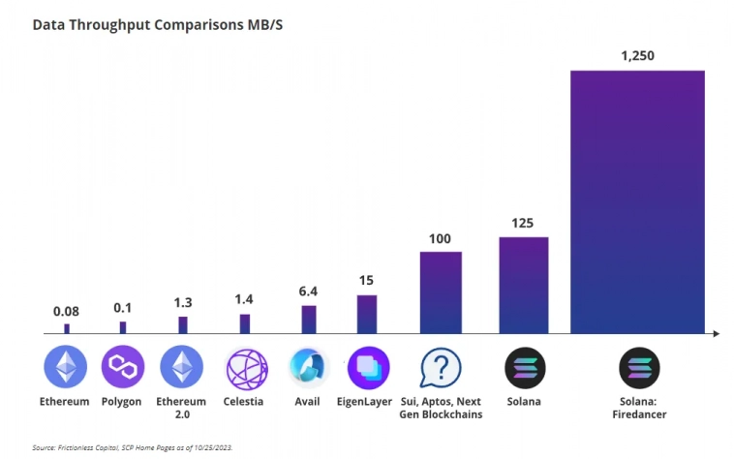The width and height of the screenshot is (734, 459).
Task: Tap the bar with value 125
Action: coord(524,285)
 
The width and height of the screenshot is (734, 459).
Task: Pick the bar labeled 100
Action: coord(441,291)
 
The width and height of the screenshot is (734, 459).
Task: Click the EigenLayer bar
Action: coord(367,314)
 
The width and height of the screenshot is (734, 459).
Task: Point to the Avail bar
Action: coord(309,319)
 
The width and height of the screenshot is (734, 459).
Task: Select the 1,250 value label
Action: coord(637,56)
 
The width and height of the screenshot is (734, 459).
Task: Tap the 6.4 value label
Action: coord(309,291)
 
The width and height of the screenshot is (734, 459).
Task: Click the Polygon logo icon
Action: coord(122,368)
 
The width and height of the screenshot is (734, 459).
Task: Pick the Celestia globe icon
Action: coord(246,368)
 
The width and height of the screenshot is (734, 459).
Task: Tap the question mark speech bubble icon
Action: coord(441,368)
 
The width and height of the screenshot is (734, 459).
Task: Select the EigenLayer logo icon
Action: coord(368,368)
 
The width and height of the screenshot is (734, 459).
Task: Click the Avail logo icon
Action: coord(309,368)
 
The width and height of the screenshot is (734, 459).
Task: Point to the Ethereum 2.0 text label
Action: coord(181,408)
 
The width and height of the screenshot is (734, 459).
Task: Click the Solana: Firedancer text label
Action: coord(638,408)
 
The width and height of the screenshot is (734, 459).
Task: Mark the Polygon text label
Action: coord(121,401)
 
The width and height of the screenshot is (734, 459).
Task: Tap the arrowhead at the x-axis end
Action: coord(716,333)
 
